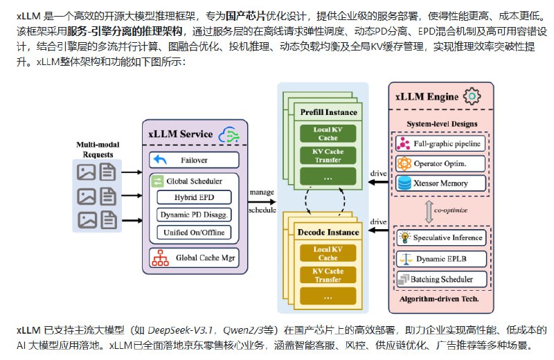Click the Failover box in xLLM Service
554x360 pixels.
193,160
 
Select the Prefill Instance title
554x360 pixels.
329,112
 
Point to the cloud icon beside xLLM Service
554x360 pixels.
228,133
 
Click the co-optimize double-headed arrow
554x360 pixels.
429,210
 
